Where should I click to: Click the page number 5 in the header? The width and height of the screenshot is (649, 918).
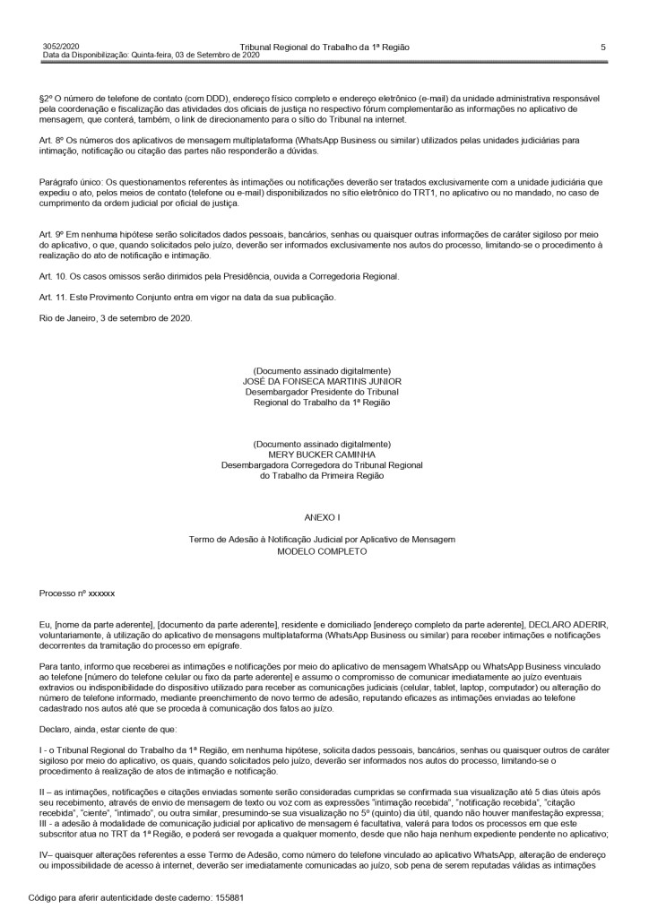tap(602, 46)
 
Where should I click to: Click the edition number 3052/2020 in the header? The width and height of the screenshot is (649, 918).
tap(61, 46)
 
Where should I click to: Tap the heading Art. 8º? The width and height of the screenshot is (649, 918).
tap(54, 140)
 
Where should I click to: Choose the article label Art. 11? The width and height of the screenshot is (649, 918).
tap(56, 297)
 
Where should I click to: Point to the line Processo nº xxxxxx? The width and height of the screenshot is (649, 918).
tap(77, 593)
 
